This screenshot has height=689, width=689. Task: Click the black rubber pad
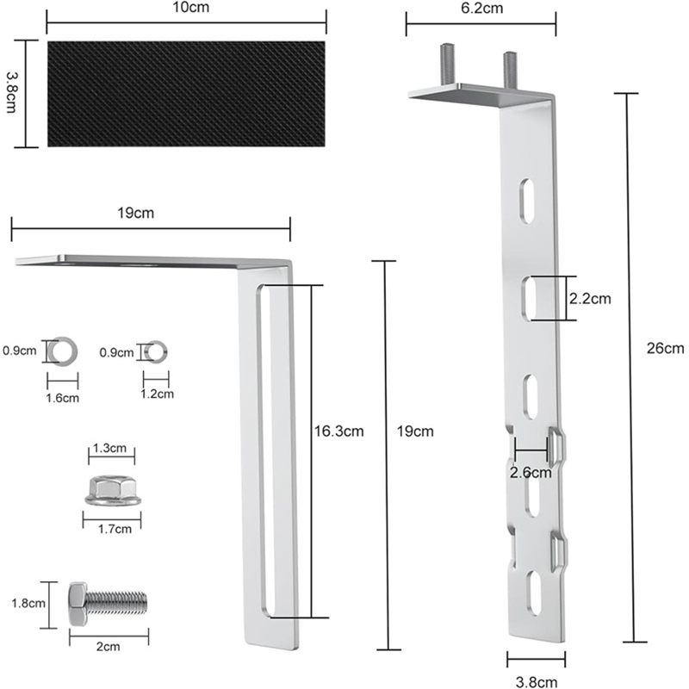pos(187,92)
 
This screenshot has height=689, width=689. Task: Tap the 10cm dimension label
pos(186,7)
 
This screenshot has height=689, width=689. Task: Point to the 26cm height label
pos(665,348)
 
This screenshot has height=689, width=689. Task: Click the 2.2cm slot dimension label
pos(590,299)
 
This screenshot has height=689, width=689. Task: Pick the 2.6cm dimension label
pos(531,472)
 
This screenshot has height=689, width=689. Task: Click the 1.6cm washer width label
pos(63,398)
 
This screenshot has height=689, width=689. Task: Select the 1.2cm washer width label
pos(157,394)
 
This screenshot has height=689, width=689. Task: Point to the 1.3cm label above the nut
pos(111,448)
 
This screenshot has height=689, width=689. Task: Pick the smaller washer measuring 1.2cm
pos(157,351)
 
